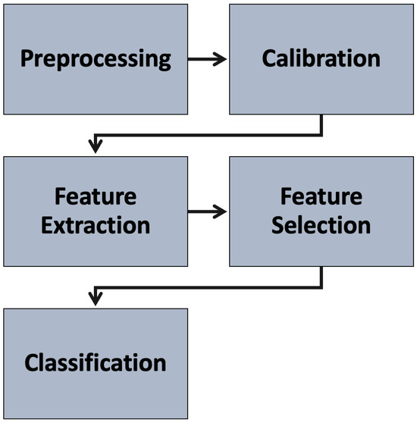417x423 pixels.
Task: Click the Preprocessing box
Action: pos(95,59)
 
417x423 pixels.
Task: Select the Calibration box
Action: pos(321,59)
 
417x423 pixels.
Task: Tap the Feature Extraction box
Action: pos(95,211)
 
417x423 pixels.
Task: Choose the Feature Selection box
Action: pos(321,211)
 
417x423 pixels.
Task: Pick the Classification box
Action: pos(95,363)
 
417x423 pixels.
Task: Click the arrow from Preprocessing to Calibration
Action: pos(207,59)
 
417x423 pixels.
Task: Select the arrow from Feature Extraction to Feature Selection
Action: pos(207,211)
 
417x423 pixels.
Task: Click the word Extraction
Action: pos(95,225)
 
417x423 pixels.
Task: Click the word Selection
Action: pos(321,225)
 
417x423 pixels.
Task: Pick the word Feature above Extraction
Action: pos(95,197)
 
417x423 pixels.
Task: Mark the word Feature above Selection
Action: pos(321,197)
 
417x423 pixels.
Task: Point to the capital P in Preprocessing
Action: pos(27,59)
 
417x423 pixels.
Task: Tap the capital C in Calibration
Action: pos(270,59)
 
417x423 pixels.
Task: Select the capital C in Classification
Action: pos(32,363)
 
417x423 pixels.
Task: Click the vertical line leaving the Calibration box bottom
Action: pos(321,124)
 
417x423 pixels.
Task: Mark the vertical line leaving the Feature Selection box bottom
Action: pos(321,276)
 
